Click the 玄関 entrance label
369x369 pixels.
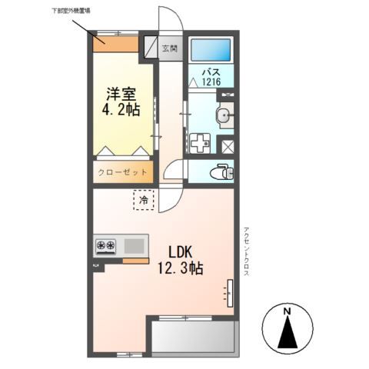point(170,48)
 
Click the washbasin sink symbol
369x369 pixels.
point(223,117)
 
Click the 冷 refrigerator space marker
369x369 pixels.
point(143,199)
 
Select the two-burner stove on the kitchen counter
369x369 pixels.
point(105,246)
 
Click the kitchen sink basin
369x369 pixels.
point(134,246)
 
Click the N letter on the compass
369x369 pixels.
point(287,311)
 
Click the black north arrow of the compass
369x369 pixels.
point(288,332)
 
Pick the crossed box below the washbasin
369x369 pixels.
point(228,145)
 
